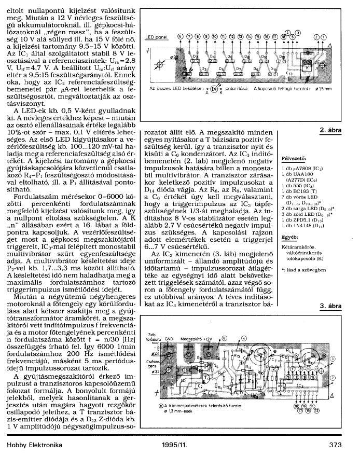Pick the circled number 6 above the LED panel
[x=180, y=36]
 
